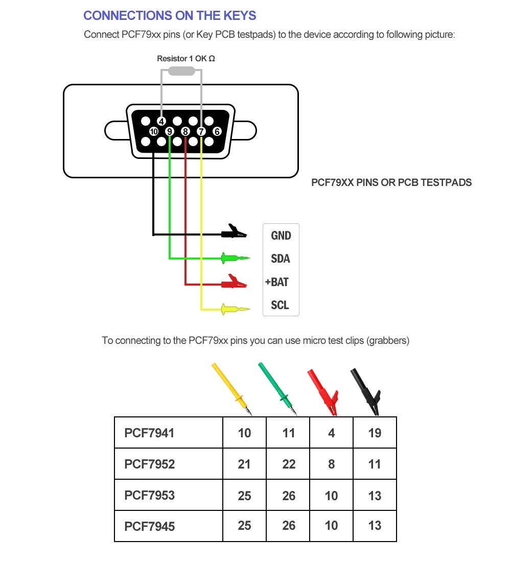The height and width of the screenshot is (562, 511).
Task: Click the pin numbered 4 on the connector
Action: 161,122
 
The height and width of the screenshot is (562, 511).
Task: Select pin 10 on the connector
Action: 153,132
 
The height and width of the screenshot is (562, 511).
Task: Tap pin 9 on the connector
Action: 170,132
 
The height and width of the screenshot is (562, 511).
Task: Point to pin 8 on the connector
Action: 185,132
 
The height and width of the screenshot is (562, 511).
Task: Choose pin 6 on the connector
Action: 217,132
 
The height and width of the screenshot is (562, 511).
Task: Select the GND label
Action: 281,236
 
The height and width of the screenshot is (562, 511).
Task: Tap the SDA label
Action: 281,259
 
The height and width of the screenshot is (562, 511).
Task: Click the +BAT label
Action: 277,282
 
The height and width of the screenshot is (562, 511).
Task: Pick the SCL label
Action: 280,306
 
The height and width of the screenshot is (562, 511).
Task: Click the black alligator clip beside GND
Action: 234,233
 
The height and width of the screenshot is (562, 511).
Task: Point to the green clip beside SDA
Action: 234,258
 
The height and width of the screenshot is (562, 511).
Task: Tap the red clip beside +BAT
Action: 234,281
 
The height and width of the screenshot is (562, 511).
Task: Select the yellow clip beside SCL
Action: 234,309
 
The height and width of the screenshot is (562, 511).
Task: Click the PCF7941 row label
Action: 149,433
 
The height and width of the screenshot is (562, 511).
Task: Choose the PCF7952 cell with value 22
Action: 289,464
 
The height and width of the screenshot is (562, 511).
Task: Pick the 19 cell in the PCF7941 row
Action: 375,433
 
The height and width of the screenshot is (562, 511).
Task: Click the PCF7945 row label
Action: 149,526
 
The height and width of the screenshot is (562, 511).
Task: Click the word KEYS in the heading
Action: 238,16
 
